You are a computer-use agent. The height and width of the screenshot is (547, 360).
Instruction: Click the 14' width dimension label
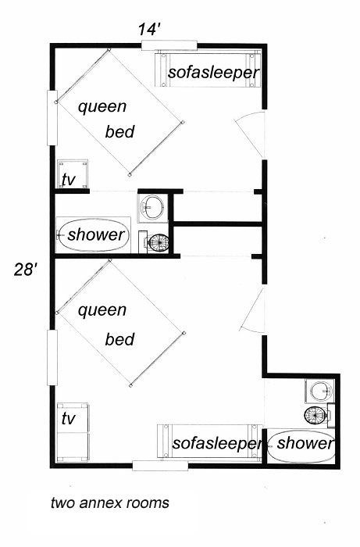(x=149, y=30)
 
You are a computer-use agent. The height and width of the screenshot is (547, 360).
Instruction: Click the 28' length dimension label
(x=26, y=270)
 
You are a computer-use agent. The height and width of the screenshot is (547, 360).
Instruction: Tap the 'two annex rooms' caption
(x=110, y=502)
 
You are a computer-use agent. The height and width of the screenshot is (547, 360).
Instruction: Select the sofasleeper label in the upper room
(x=214, y=73)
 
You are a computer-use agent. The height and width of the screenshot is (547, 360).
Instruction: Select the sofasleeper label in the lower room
(x=218, y=443)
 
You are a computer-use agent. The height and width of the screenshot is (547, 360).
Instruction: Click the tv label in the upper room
(x=68, y=179)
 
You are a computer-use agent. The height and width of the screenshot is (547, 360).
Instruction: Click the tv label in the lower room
(x=68, y=419)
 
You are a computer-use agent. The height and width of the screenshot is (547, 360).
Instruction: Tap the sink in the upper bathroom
(x=151, y=207)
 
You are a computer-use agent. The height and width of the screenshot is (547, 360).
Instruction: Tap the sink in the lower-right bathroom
(x=321, y=391)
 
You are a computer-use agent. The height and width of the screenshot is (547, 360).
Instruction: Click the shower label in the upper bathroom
(x=96, y=234)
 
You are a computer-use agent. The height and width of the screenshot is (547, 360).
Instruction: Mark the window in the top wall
(x=169, y=45)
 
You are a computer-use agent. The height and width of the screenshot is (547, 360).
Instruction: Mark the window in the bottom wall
(x=160, y=466)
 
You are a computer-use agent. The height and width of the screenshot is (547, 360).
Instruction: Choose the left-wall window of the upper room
(x=52, y=118)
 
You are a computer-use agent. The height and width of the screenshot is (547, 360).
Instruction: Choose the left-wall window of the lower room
(x=52, y=358)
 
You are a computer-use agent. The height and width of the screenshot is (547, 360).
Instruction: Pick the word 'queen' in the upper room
(x=102, y=107)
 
